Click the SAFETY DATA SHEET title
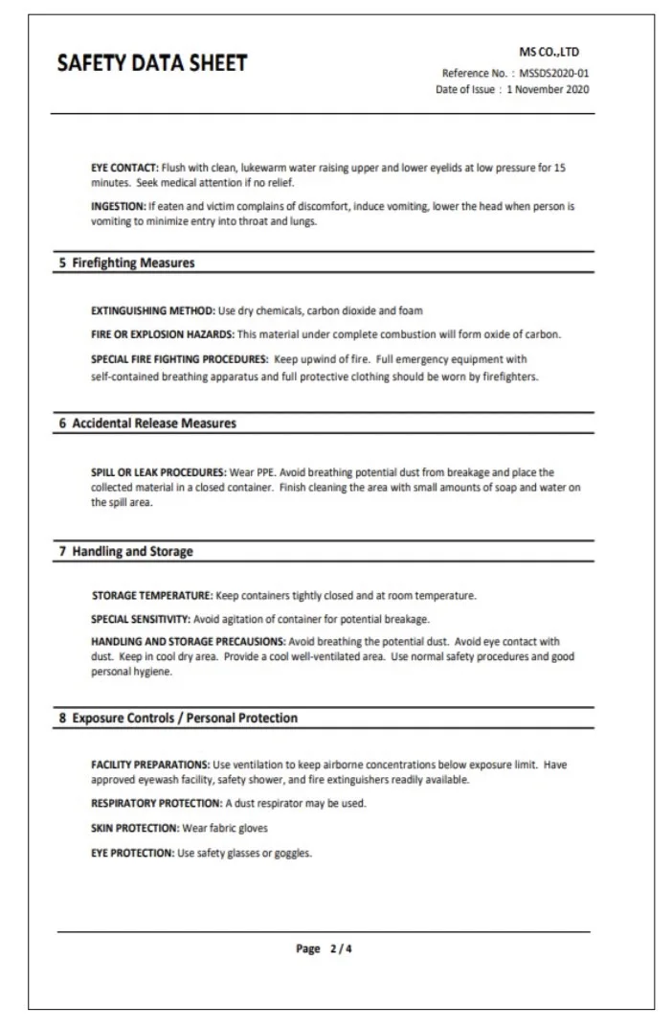(152, 63)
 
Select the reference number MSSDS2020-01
(554, 73)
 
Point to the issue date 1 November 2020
(548, 89)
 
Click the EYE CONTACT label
(124, 168)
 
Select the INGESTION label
(118, 206)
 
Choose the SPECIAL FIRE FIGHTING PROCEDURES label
(179, 359)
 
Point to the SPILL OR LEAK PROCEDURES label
(159, 472)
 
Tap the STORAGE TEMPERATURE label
(152, 596)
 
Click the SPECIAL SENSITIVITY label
(142, 618)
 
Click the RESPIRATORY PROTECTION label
(157, 803)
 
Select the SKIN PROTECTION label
(135, 828)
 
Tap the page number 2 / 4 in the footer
(326, 949)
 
